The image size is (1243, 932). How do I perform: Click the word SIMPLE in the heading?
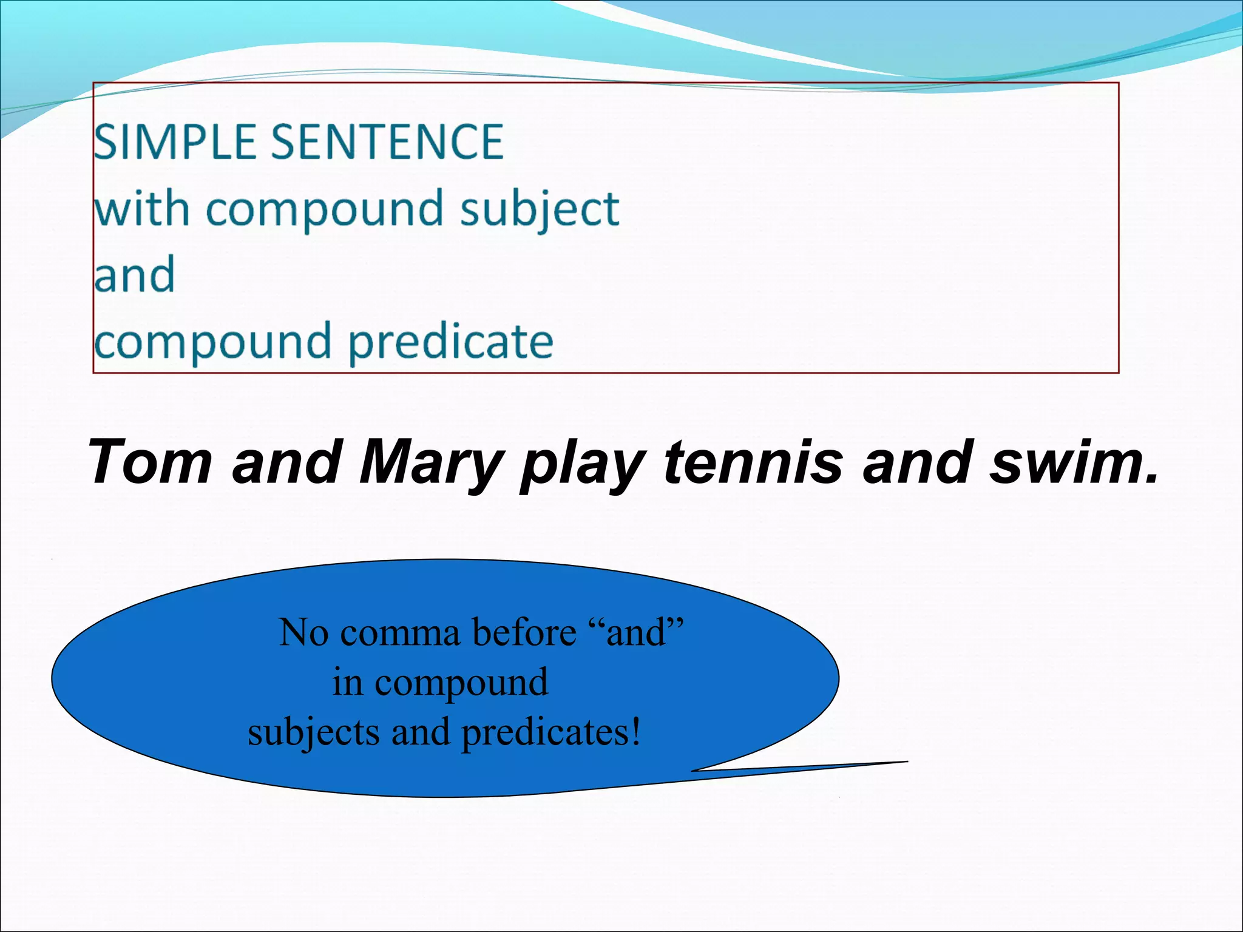175,142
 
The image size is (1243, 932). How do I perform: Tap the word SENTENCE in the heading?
387,142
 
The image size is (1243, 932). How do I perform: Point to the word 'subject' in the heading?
540,209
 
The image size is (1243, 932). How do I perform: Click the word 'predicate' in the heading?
450,342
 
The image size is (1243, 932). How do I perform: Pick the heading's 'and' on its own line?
135,275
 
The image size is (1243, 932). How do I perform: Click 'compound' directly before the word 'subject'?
325,209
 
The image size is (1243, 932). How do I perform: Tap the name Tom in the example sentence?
150,462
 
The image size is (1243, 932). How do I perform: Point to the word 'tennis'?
753,462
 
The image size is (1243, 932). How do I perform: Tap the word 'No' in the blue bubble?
303,633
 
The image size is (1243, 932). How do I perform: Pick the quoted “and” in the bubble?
637,633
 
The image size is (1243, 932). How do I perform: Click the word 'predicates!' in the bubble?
550,733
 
